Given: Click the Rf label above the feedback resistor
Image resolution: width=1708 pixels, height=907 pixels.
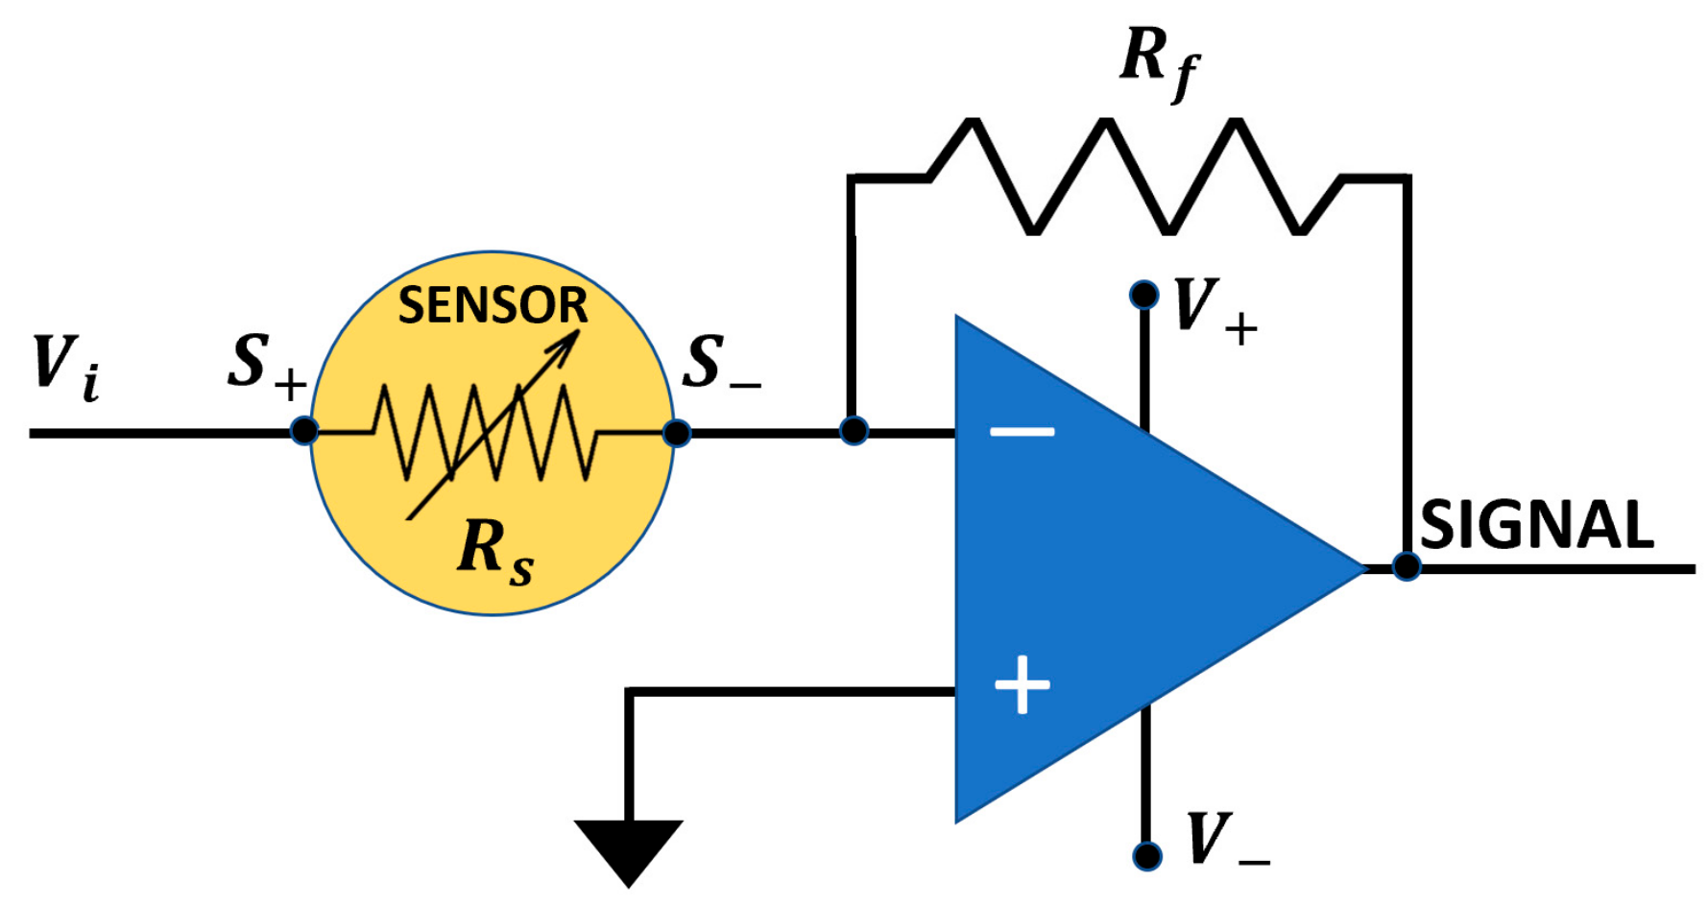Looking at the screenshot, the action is click(1159, 62).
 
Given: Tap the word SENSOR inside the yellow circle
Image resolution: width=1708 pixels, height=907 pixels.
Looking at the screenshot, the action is click(493, 305).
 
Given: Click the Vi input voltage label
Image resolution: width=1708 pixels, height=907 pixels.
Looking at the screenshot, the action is click(65, 367).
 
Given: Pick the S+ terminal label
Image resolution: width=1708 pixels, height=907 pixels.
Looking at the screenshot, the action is click(267, 365).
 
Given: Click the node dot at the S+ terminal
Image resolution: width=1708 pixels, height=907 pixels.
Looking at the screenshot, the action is click(304, 431).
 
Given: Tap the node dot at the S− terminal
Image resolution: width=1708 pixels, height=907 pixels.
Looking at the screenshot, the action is click(677, 433).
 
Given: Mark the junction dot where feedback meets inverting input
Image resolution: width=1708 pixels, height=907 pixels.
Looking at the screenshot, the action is click(854, 431).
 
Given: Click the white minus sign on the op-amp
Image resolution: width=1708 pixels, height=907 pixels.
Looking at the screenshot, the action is click(1022, 432).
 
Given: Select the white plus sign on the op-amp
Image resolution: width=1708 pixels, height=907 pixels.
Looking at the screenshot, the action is click(1022, 685).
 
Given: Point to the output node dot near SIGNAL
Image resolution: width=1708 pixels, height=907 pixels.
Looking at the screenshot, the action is click(1407, 566).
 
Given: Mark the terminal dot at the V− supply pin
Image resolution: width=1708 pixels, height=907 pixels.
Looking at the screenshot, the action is click(1147, 855).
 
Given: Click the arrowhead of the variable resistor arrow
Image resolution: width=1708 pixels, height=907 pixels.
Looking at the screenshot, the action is click(566, 344).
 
